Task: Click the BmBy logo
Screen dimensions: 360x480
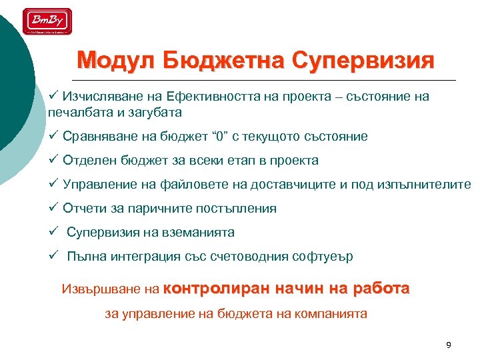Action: pos(47,21)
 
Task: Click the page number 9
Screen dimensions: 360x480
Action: pos(448,345)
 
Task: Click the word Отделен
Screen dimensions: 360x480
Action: pos(87,161)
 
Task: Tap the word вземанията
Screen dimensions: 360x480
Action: pos(202,233)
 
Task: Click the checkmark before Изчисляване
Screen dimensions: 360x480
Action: pos(54,97)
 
